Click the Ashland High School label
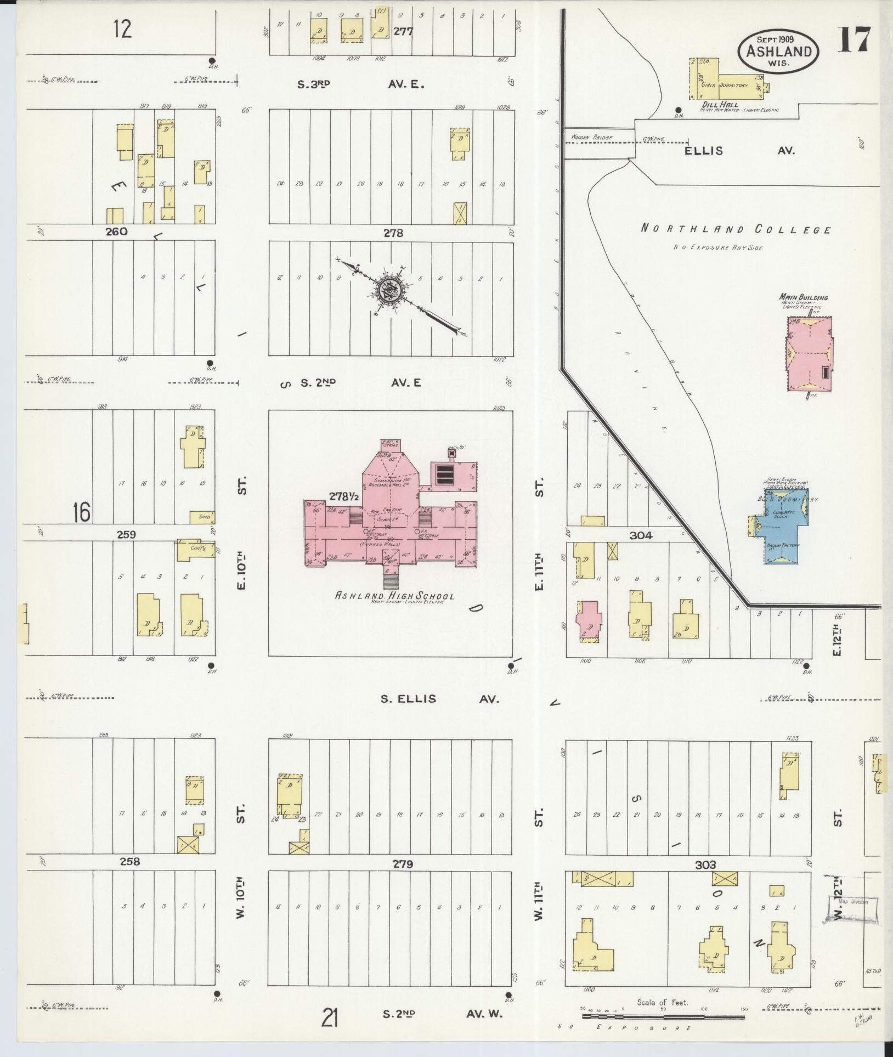click(x=394, y=596)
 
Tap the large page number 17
click(x=854, y=40)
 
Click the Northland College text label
click(x=735, y=230)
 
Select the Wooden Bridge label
click(x=591, y=137)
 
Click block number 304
click(x=641, y=535)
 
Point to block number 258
click(x=130, y=862)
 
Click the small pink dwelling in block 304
click(x=587, y=620)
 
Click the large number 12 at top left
click(x=123, y=29)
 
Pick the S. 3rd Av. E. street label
click(x=362, y=84)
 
